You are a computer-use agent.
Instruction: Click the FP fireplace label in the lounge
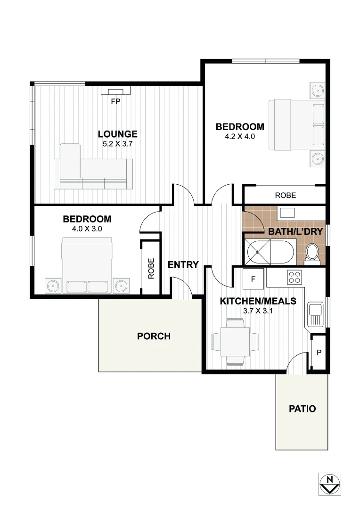point(115,101)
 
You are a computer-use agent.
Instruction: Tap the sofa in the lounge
point(93,168)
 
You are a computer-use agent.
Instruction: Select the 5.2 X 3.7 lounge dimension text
point(118,144)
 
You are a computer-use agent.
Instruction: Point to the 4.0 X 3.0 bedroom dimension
point(87,229)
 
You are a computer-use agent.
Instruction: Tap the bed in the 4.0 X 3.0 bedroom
point(87,265)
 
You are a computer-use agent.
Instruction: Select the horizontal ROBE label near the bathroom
point(286,195)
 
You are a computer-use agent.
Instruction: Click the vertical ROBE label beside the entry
point(151,268)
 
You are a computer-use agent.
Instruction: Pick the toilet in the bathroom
point(312,254)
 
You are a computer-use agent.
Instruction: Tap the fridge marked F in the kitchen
point(253,279)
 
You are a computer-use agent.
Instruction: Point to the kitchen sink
point(314,314)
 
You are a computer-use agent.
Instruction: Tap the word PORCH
point(154,337)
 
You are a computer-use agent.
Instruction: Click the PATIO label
point(302,409)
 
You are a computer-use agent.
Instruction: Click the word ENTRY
point(183,265)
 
